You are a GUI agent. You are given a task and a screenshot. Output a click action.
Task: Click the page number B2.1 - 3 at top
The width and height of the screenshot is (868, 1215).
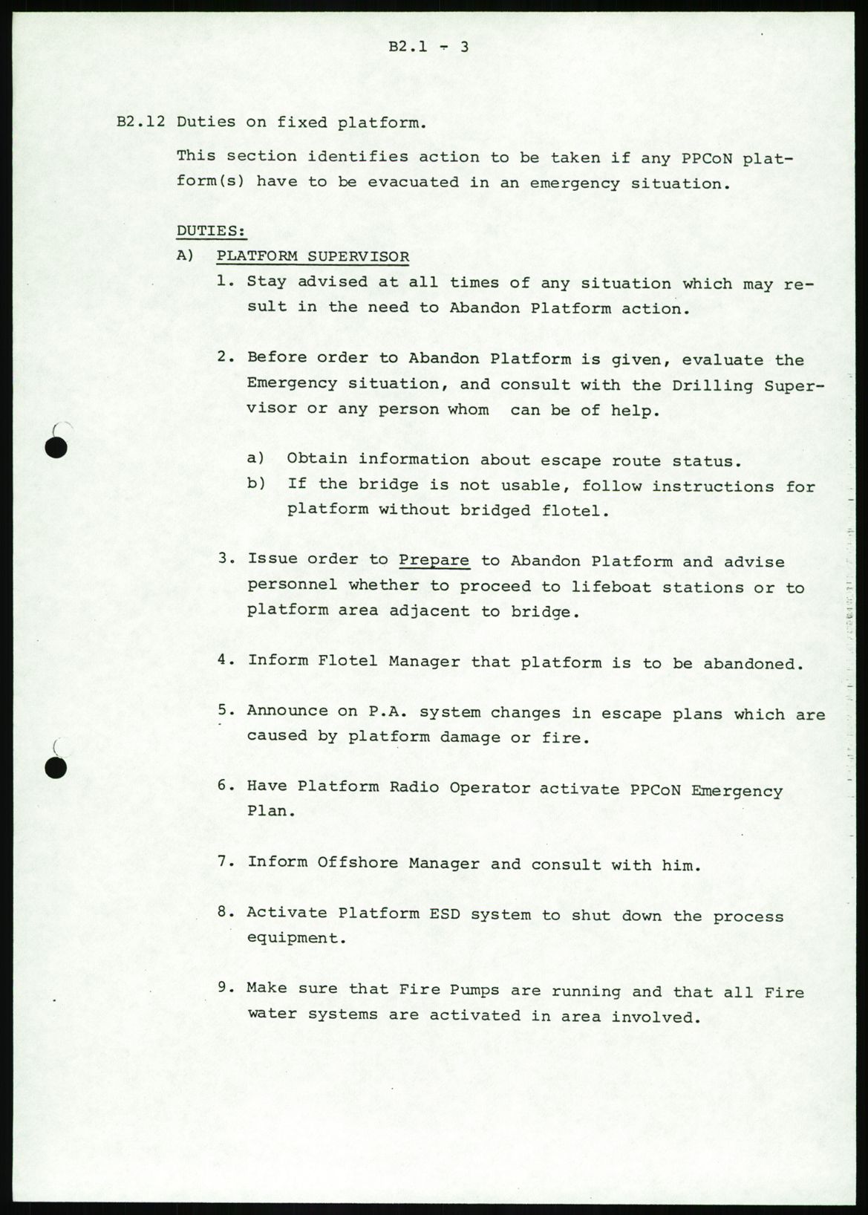pyautogui.click(x=428, y=47)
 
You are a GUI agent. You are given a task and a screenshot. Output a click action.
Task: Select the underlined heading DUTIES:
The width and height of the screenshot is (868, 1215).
pyautogui.click(x=211, y=231)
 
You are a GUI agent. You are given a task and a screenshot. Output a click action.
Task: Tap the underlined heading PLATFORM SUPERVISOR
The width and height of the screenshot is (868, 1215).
pyautogui.click(x=313, y=257)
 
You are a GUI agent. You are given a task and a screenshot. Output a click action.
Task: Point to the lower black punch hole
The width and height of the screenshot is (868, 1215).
pyautogui.click(x=56, y=767)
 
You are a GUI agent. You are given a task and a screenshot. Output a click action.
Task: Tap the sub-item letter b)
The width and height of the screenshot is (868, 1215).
pyautogui.click(x=256, y=483)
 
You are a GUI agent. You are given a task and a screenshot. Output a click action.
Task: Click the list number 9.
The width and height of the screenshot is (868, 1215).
pyautogui.click(x=226, y=988)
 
